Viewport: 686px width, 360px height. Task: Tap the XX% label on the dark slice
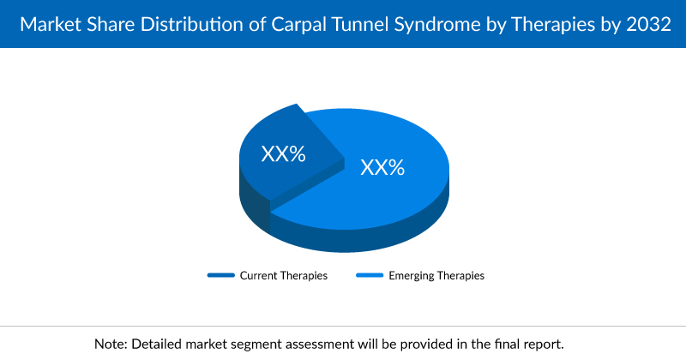pos(284,154)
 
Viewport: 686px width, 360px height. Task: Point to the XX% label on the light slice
pos(382,166)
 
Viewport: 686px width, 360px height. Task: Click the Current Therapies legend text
pos(283,276)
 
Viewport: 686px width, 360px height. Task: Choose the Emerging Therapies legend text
pos(436,276)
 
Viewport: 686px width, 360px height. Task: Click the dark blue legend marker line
pos(220,276)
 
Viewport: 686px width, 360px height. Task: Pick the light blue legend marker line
pos(370,276)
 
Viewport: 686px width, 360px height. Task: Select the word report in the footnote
pos(544,343)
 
